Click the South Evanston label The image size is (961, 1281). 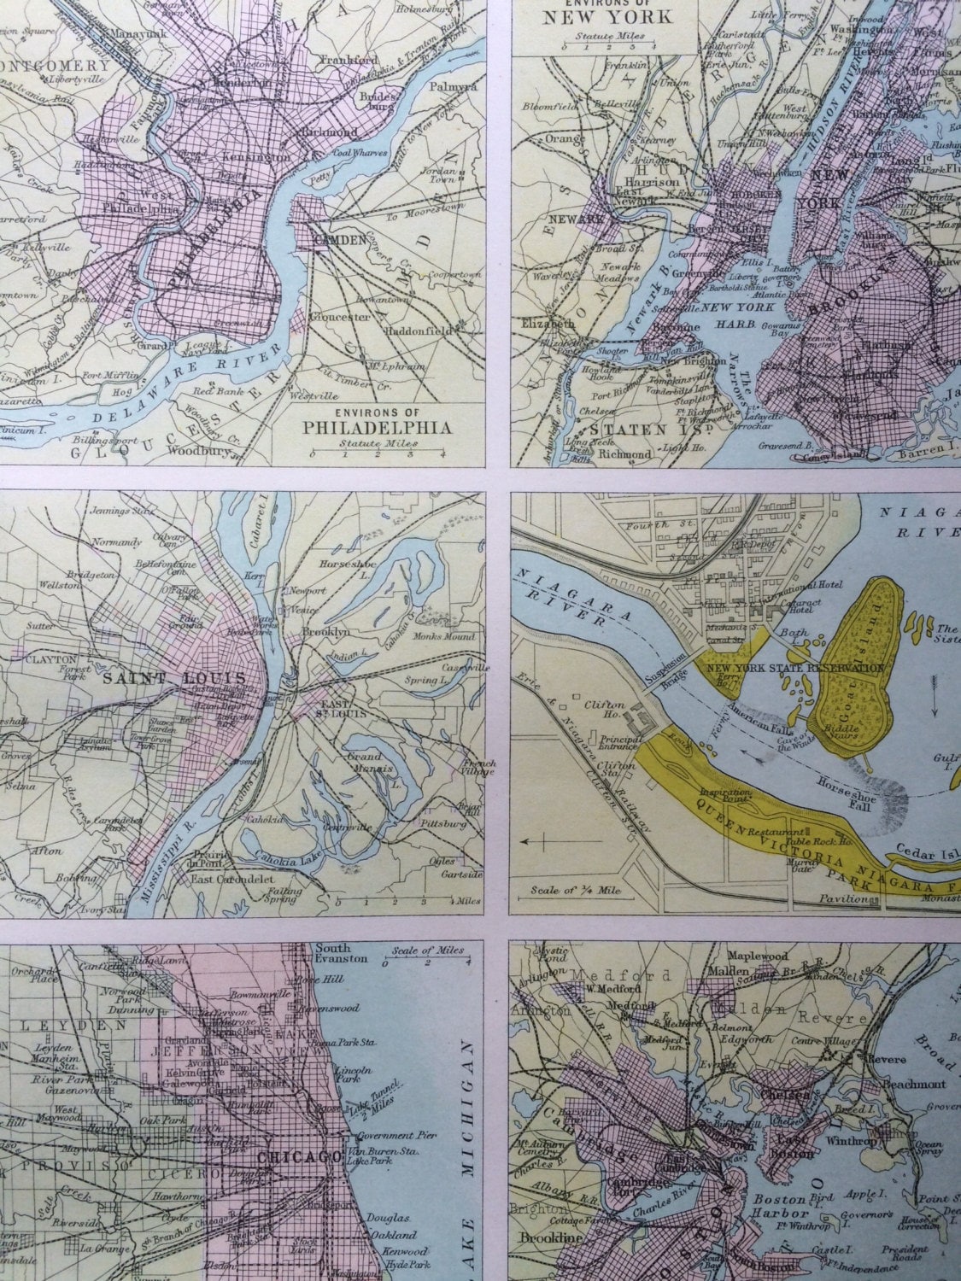click(x=340, y=955)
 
